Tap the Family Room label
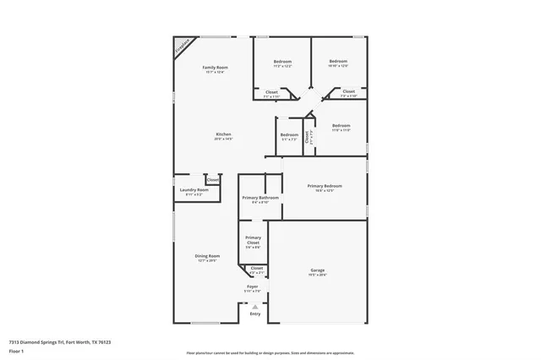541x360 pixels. pos(215,68)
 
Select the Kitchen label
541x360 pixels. pos(223,134)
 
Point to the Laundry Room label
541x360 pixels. pos(194,190)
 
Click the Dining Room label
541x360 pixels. pos(208,256)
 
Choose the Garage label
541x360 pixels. pos(317,270)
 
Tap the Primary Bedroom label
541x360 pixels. pos(325,186)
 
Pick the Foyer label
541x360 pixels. pos(253,286)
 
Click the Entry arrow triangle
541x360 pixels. pos(255,305)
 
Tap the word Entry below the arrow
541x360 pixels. pos(255,314)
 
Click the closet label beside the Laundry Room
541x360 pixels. pos(213,179)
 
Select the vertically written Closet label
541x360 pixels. pos(307,135)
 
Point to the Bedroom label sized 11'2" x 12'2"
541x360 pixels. pos(282,62)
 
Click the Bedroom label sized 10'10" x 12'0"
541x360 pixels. pos(338,62)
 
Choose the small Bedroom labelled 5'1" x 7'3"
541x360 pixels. pos(289,135)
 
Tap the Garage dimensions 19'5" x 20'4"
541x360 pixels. pos(317,275)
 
